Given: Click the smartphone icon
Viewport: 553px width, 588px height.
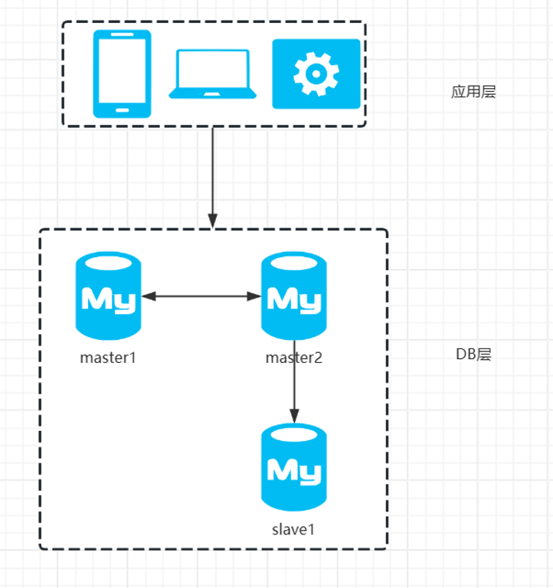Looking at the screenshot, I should point(122,73).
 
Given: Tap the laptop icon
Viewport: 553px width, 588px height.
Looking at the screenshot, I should point(213,74).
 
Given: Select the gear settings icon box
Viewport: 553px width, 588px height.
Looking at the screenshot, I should point(316,73).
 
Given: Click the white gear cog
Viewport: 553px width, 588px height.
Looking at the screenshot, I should point(316,74).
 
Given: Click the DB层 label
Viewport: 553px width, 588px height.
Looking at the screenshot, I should point(473,354).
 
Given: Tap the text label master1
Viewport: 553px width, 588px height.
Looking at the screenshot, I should point(108,358).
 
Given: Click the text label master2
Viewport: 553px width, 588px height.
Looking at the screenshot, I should point(294,358).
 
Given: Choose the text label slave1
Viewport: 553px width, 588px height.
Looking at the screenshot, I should point(293,529).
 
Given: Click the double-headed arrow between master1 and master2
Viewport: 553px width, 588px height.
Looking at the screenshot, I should point(201,296).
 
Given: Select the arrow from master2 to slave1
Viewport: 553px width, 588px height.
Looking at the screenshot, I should point(294,383).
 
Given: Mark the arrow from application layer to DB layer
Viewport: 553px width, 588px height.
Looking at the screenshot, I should point(213,176).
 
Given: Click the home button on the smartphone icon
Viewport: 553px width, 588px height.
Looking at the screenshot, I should point(122,109).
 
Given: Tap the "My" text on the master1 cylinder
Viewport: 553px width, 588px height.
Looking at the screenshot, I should point(108,299).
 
